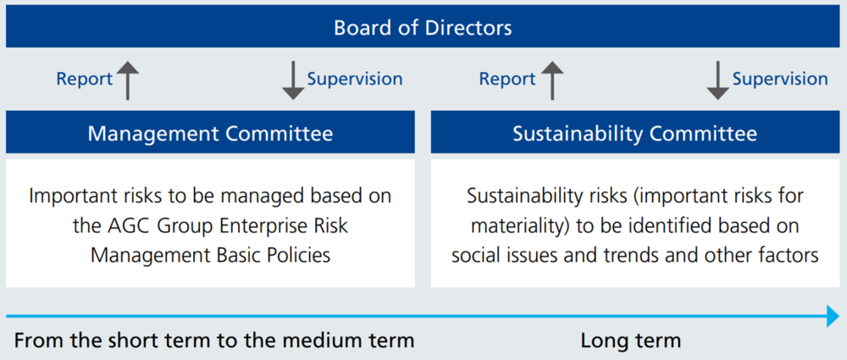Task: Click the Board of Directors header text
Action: (x=423, y=28)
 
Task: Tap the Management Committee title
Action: (x=210, y=134)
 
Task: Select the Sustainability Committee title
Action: (x=634, y=134)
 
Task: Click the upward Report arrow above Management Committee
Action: (x=128, y=80)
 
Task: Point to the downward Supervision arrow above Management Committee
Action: (x=293, y=80)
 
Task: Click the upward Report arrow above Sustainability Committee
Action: (x=552, y=80)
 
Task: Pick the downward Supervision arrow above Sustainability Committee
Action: (x=718, y=80)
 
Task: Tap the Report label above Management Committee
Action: (x=84, y=80)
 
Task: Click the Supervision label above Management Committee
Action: (x=355, y=79)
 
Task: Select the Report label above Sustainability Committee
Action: (x=507, y=80)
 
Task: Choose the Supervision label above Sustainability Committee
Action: (x=780, y=79)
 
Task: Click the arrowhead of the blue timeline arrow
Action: (x=833, y=316)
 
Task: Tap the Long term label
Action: (x=630, y=341)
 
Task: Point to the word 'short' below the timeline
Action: (x=132, y=341)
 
